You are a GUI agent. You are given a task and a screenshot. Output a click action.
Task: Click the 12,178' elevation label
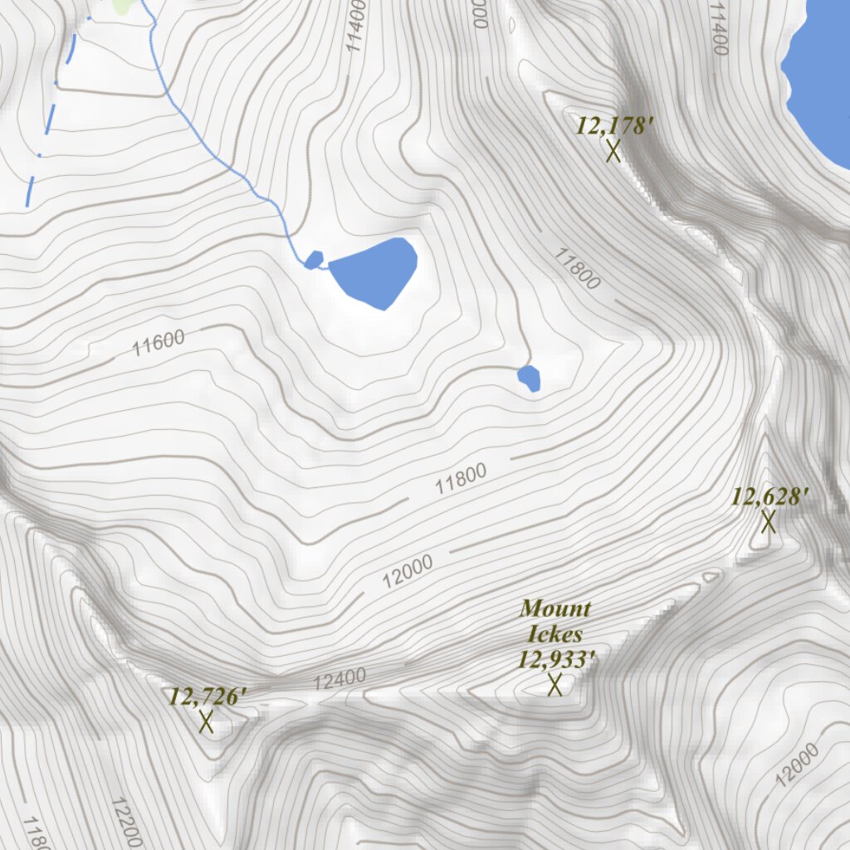(615, 126)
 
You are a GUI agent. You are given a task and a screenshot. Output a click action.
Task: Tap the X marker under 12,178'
(613, 151)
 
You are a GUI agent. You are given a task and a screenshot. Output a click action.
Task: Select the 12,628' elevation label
(769, 497)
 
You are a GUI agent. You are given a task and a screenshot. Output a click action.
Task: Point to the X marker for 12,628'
(769, 522)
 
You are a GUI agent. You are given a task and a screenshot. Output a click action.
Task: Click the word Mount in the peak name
(555, 608)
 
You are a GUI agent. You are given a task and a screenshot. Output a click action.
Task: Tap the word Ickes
(555, 634)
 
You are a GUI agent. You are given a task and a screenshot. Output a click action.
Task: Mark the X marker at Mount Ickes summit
(555, 685)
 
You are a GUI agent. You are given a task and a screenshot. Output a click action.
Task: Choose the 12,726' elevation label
(208, 696)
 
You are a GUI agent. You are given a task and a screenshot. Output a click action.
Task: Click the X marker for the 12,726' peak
(206, 721)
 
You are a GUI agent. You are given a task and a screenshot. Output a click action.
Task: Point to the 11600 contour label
(158, 342)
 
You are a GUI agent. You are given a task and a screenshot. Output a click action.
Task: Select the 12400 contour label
(340, 680)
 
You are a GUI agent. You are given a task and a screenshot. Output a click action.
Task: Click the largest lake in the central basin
(374, 271)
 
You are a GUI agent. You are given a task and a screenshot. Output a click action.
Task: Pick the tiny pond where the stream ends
(314, 260)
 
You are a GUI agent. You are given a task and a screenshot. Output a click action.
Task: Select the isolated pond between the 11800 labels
(530, 378)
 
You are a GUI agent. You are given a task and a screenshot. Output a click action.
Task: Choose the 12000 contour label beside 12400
(408, 572)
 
